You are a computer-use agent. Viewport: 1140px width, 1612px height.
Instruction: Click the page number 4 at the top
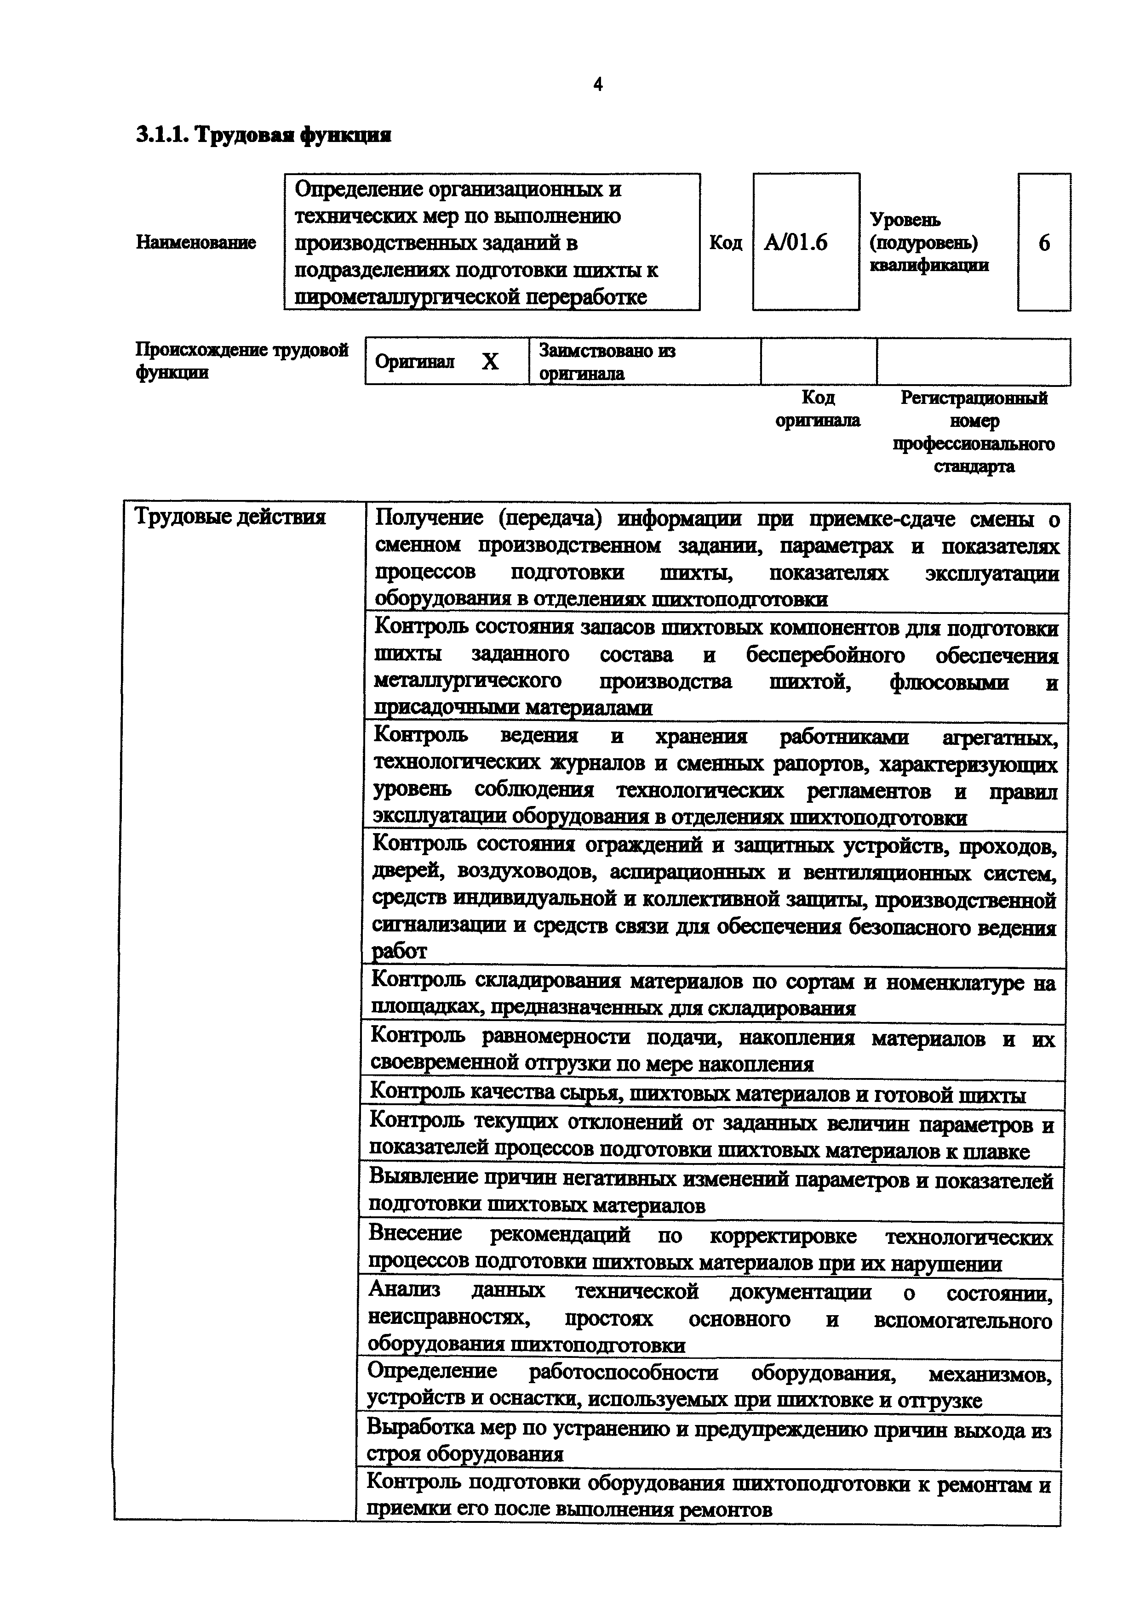[598, 85]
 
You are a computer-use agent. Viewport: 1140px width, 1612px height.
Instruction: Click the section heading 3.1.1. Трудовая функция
[264, 135]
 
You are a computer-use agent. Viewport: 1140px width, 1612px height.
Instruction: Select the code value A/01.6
[796, 243]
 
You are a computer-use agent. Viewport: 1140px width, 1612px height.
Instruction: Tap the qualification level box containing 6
[1044, 243]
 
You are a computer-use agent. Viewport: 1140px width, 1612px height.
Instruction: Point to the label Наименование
[196, 243]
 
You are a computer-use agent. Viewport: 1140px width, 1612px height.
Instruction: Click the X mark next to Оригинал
[490, 362]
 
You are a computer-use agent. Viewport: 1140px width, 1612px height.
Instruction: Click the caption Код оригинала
[818, 409]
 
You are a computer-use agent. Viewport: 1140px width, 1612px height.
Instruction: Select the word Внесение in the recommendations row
[415, 1233]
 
